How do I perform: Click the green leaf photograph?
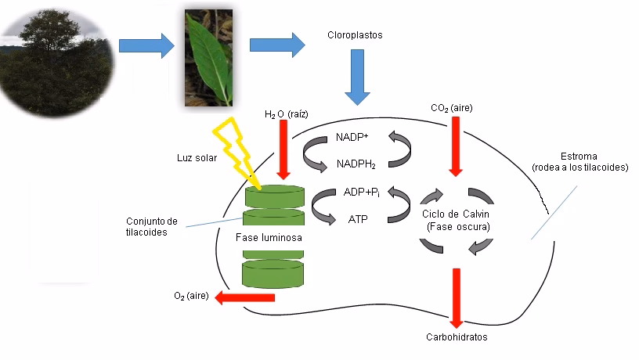[208, 57]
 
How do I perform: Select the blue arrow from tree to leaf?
[146, 45]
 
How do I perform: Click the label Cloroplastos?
[355, 36]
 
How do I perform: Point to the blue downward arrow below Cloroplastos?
[357, 77]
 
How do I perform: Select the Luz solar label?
[196, 158]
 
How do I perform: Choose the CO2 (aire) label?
[452, 107]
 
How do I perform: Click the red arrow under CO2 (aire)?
[454, 146]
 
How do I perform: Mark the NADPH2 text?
[356, 164]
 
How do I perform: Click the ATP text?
[358, 219]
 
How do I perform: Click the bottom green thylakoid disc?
[273, 274]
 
